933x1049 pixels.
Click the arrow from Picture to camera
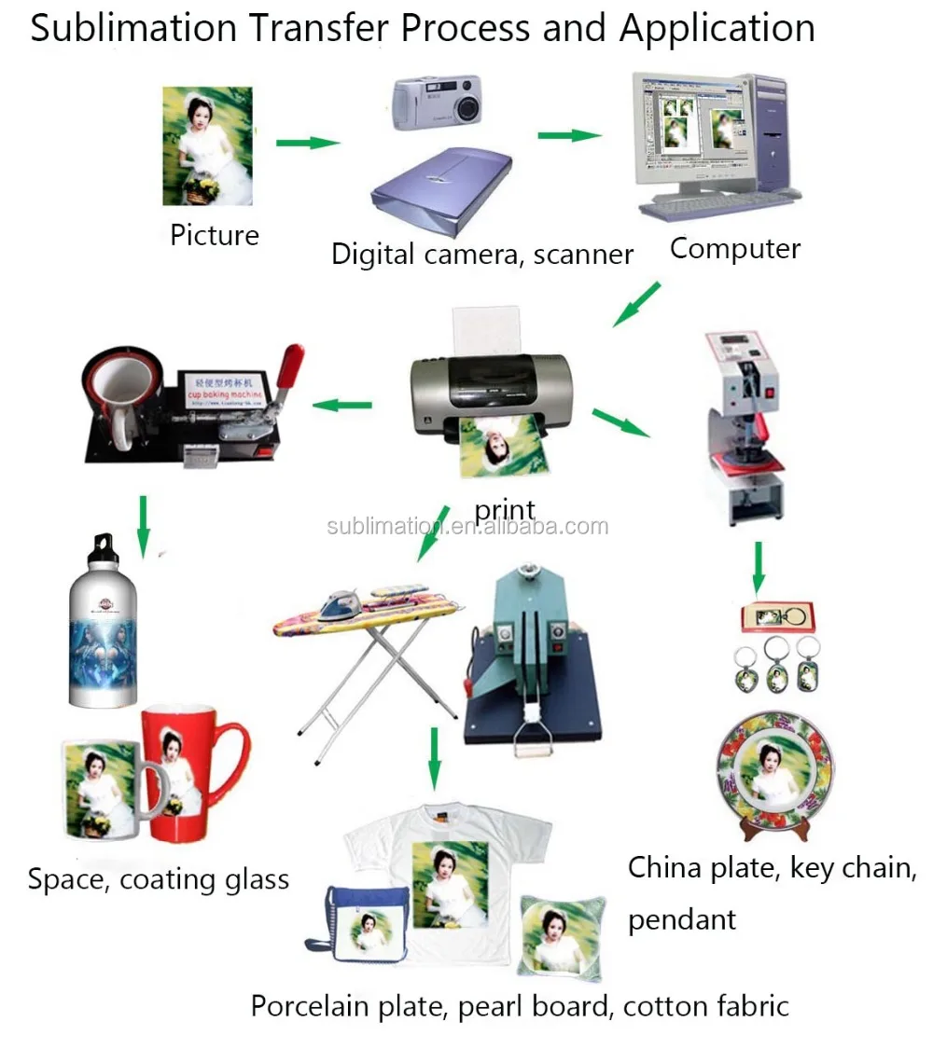click(308, 143)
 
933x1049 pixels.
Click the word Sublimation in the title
click(132, 28)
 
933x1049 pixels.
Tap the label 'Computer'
click(734, 249)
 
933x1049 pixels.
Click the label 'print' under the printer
click(505, 509)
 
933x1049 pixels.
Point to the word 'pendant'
click(682, 920)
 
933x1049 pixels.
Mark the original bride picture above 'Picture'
click(207, 146)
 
